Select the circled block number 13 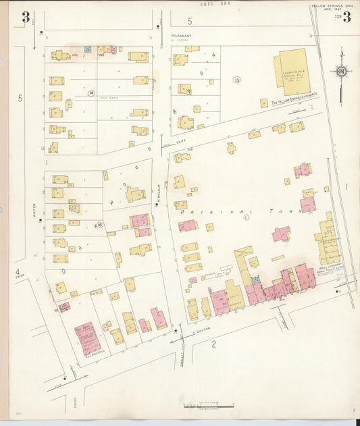pos(236,80)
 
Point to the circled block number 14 pos(91,92)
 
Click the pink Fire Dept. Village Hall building pos(87,338)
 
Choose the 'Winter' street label pos(33,211)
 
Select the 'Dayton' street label pos(203,329)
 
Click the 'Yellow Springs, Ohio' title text pos(332,6)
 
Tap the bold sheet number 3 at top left pos(25,18)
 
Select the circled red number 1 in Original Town pos(246,217)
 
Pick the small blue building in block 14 pos(87,50)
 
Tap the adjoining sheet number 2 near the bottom pos(213,344)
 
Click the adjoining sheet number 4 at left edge pos(17,272)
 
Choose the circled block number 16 pos(99,225)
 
